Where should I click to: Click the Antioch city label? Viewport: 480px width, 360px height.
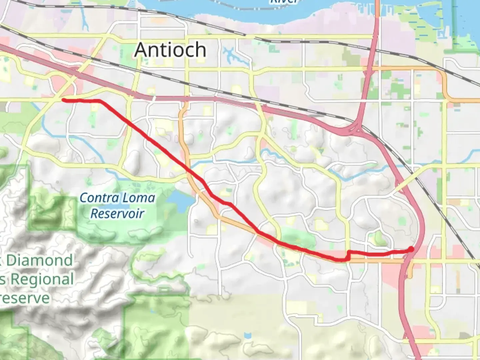point(170,50)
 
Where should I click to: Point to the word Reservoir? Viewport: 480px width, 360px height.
point(117,213)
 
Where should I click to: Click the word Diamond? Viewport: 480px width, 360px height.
point(39,260)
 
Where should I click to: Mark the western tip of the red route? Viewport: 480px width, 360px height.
point(63,100)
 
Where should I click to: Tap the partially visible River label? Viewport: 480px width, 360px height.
point(283,2)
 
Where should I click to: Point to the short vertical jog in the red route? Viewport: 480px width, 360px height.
point(348,255)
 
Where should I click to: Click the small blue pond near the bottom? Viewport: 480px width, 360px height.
point(247,335)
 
